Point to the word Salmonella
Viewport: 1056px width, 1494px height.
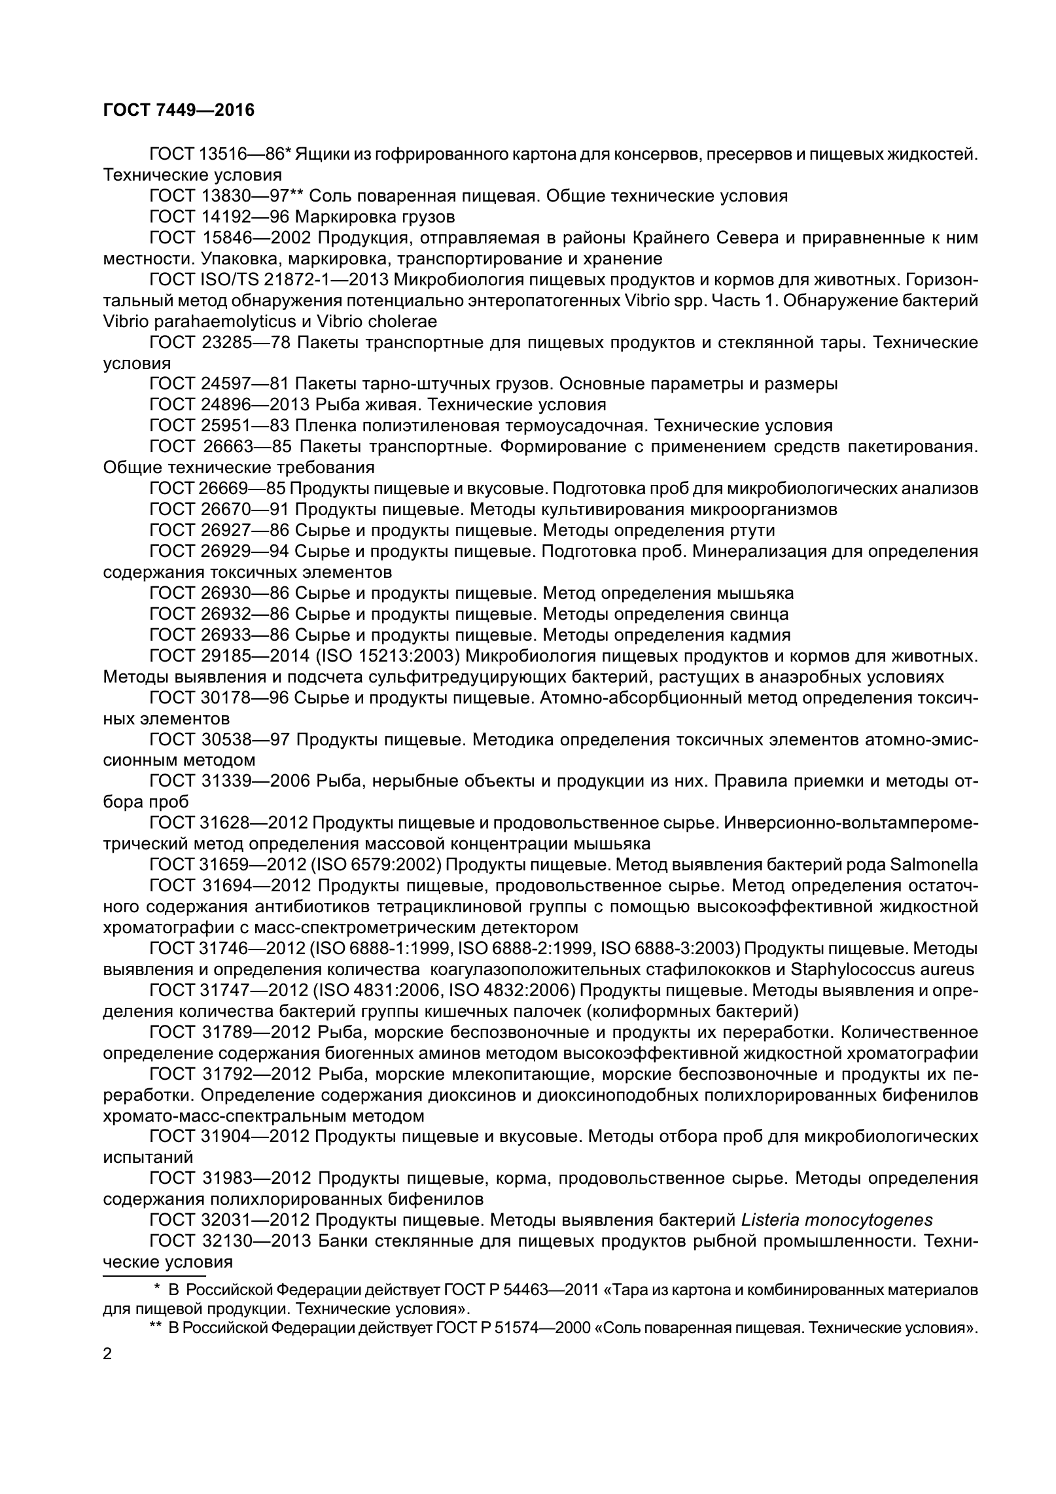pyautogui.click(x=934, y=864)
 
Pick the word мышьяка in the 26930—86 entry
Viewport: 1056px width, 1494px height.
pyautogui.click(x=756, y=594)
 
